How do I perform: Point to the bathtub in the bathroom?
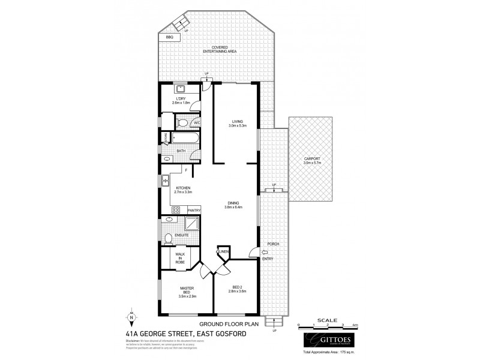pyautogui.click(x=185, y=138)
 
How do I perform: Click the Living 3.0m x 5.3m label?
pyautogui.click(x=236, y=124)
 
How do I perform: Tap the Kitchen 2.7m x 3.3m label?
pyautogui.click(x=183, y=190)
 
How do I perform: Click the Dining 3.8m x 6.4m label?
pyautogui.click(x=234, y=205)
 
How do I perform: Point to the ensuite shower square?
pyautogui.click(x=193, y=223)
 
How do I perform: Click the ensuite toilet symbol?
pyautogui.click(x=169, y=238)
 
